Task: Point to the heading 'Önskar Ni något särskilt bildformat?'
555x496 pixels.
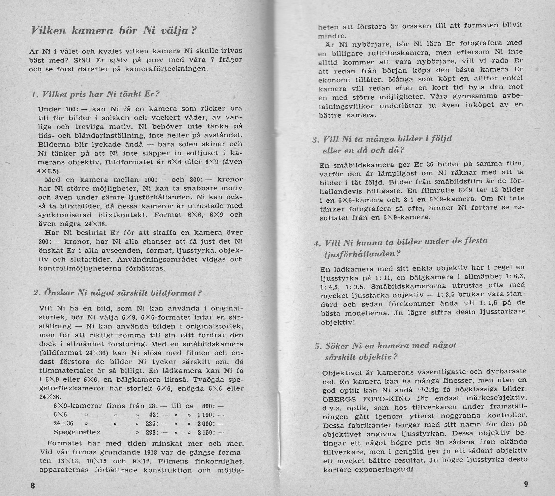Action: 117,293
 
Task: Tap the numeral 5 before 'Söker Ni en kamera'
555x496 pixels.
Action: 317,346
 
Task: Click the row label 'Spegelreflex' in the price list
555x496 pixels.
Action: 77,432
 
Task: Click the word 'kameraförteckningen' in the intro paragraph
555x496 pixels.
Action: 166,68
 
